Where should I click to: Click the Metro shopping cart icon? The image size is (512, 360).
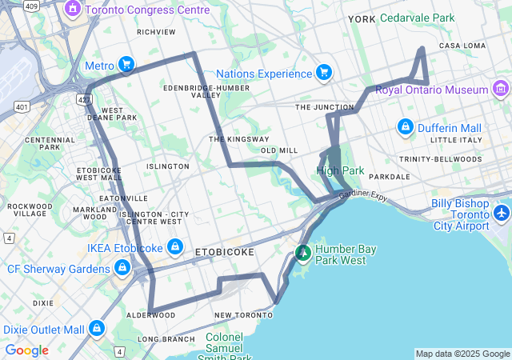tap(126, 64)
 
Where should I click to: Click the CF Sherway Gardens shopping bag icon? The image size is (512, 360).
tap(122, 269)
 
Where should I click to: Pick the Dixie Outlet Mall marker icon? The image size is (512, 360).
tap(97, 329)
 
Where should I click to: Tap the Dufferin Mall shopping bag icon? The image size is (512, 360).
tap(405, 128)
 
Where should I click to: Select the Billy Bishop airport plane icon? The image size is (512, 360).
tap(501, 214)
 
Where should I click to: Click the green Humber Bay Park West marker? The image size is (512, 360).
tap(302, 254)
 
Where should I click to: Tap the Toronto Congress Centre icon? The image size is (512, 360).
tap(73, 10)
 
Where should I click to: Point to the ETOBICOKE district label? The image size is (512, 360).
tap(225, 252)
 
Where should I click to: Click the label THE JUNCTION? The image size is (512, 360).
tap(324, 106)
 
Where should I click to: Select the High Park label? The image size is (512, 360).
tap(340, 170)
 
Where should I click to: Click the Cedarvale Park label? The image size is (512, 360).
tap(417, 18)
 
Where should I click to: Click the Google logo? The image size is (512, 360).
tap(26, 350)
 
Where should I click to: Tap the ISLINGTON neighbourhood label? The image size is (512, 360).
tap(168, 166)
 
